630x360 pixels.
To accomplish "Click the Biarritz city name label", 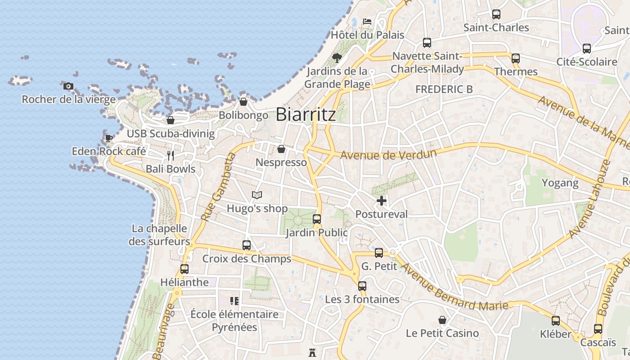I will click(306, 114).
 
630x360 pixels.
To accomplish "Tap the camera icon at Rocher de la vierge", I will click(68, 86).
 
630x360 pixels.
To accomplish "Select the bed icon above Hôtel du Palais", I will click(367, 21).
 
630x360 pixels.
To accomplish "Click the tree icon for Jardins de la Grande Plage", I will click(337, 58).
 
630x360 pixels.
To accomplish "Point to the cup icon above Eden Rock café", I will click(108, 138).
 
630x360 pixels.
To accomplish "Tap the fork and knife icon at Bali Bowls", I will click(171, 156).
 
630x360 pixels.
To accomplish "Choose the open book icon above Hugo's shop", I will click(257, 195).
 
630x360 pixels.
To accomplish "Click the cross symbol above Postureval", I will click(382, 201).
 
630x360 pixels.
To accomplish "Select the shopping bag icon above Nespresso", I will click(281, 149).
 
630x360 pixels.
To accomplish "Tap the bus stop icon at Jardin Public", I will click(317, 219).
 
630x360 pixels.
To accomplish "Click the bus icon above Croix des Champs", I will click(247, 245).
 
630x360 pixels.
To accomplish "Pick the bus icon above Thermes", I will click(516, 58).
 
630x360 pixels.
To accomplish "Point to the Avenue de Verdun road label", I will click(388, 155).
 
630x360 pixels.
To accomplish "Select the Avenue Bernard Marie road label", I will click(454, 287).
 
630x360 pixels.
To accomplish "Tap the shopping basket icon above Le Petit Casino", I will click(442, 320).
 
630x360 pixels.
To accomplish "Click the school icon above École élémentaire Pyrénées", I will click(234, 301).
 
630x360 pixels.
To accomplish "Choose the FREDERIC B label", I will click(444, 89).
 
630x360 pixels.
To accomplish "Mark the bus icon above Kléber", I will click(556, 321).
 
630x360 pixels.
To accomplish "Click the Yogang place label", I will click(560, 183).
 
